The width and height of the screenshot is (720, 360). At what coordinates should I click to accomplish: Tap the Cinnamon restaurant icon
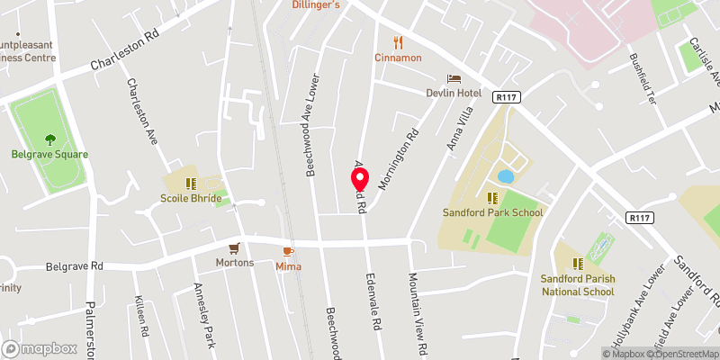pos(398,42)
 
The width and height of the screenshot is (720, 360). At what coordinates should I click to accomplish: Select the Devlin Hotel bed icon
pos(454,80)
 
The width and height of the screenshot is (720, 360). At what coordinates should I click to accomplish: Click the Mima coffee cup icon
pos(289,252)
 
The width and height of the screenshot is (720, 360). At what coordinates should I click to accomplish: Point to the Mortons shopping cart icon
pos(235,247)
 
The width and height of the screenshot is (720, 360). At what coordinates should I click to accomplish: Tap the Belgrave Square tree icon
pos(49,139)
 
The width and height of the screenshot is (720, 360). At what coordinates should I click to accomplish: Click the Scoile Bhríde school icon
pos(190,183)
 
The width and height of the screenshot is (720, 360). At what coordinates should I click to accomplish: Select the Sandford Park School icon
pos(492,198)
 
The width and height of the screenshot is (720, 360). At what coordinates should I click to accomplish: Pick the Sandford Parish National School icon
pos(578,264)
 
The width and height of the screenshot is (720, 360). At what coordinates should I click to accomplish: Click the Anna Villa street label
pos(459,128)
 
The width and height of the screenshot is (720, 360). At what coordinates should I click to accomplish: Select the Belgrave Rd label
pos(75,266)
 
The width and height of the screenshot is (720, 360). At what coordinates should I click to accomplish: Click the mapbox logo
pos(40,348)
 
